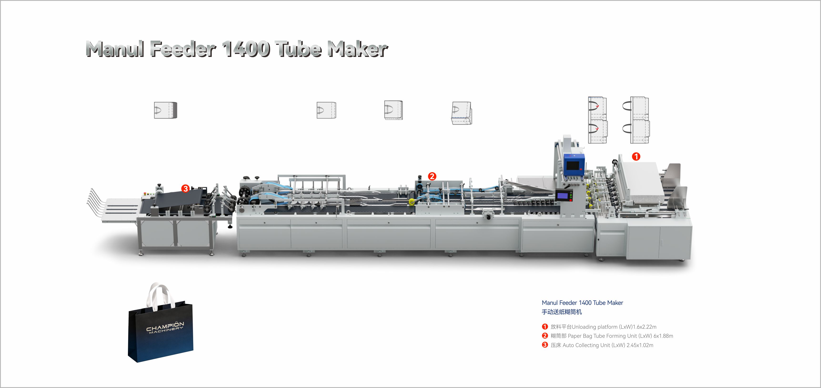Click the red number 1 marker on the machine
[636, 156]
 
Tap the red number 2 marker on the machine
[432, 176]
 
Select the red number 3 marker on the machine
[185, 188]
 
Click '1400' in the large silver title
[246, 49]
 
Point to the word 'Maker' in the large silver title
[357, 49]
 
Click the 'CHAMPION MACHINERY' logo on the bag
[165, 328]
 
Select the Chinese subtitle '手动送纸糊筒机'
[562, 312]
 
